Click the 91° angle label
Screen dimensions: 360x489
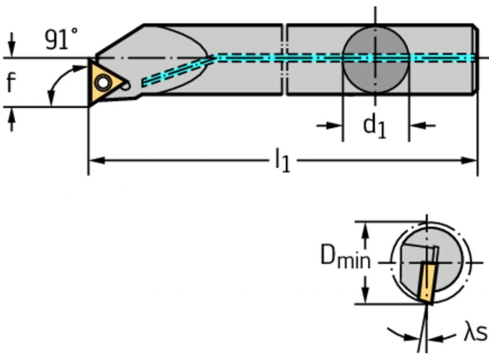click(x=61, y=39)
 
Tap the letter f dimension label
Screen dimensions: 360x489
click(x=11, y=84)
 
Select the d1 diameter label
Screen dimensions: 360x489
click(x=375, y=126)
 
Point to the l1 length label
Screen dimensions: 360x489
click(x=282, y=161)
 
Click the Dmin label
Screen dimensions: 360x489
click(x=345, y=256)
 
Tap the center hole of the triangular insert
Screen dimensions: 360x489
click(x=103, y=83)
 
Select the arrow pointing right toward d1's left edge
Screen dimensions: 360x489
click(x=333, y=126)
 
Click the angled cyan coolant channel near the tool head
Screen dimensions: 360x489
click(x=176, y=71)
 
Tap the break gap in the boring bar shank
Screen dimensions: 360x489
click(x=284, y=59)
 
